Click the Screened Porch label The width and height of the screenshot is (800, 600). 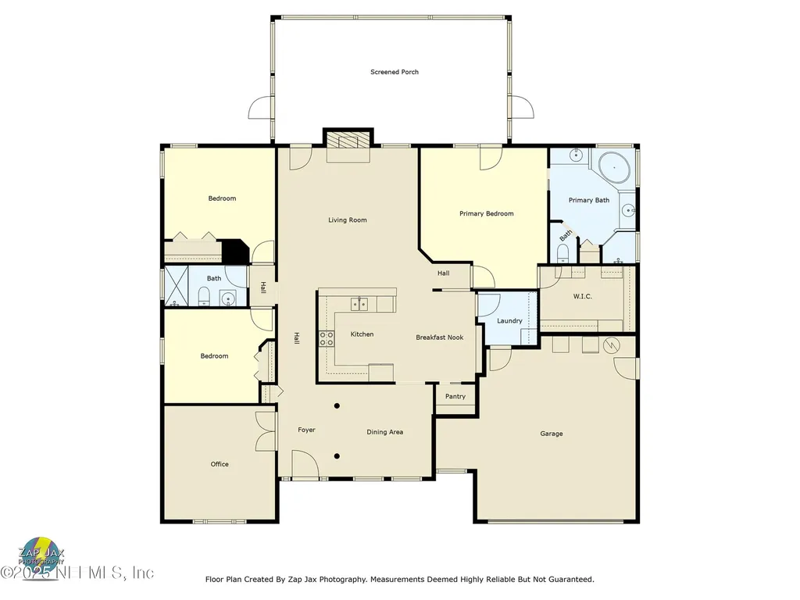pyautogui.click(x=395, y=72)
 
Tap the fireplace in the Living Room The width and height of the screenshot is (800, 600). pyautogui.click(x=348, y=141)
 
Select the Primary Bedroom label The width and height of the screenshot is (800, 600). pyautogui.click(x=487, y=213)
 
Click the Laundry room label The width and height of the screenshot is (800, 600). pyautogui.click(x=509, y=321)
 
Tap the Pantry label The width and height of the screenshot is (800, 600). pyautogui.click(x=455, y=396)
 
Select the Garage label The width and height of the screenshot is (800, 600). pyautogui.click(x=552, y=434)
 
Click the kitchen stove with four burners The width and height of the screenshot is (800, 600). pyautogui.click(x=327, y=337)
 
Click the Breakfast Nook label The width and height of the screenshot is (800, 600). pyautogui.click(x=440, y=337)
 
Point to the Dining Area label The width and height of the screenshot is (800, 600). pyautogui.click(x=385, y=432)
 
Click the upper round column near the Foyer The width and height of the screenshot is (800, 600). pyautogui.click(x=337, y=405)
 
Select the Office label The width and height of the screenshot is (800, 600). pyautogui.click(x=220, y=464)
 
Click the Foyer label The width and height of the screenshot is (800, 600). pyautogui.click(x=306, y=430)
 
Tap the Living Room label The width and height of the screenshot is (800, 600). pyautogui.click(x=348, y=220)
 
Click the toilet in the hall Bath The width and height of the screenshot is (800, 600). pyautogui.click(x=204, y=295)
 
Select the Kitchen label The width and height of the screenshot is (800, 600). pyautogui.click(x=362, y=334)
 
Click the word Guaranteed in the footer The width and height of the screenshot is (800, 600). pyautogui.click(x=568, y=580)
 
